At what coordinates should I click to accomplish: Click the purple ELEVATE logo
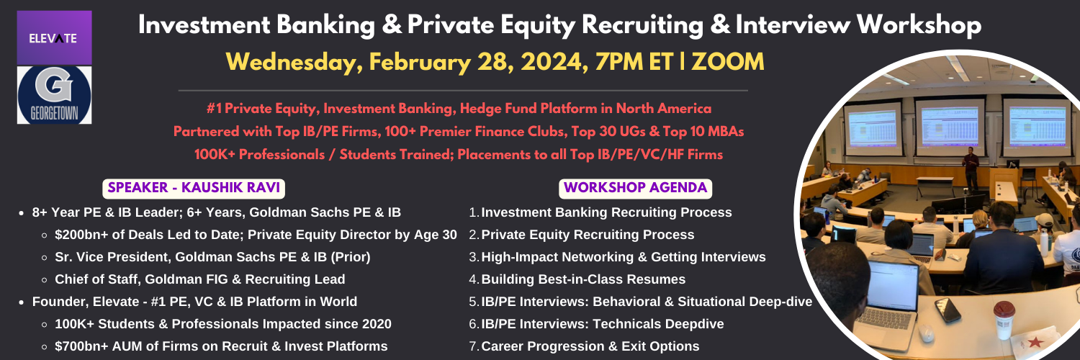pos(55,38)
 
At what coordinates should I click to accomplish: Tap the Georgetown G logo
pos(55,95)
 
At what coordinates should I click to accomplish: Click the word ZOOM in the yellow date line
pos(727,62)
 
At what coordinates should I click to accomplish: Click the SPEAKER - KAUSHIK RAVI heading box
pos(194,188)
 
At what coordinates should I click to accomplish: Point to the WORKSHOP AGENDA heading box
pos(636,188)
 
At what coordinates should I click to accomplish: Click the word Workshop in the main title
pos(919,25)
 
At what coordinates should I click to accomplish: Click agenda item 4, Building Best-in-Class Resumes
pos(583,279)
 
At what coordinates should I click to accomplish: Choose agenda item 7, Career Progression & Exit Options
pos(590,346)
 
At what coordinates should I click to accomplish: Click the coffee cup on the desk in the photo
pos(1004,320)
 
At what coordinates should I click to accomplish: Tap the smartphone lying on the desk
pos(948,310)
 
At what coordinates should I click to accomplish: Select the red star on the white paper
pos(1035,342)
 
